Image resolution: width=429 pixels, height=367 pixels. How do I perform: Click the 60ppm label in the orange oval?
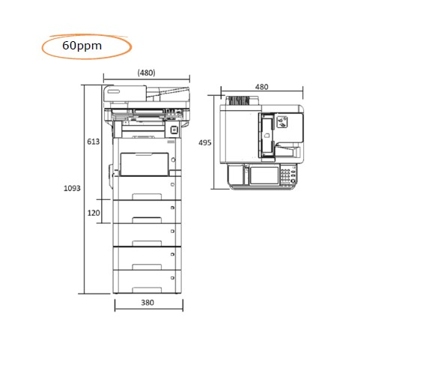(82, 46)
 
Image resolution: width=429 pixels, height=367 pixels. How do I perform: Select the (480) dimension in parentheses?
(147, 73)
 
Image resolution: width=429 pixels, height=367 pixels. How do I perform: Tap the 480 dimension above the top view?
(261, 87)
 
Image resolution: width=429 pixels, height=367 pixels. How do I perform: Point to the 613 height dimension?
(94, 142)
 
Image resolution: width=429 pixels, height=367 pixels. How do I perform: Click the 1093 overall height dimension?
(72, 188)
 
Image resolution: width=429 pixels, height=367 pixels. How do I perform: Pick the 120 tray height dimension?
(94, 213)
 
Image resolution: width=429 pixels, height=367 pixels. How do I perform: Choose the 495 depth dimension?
(205, 142)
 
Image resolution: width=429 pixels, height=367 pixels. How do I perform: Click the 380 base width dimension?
(147, 303)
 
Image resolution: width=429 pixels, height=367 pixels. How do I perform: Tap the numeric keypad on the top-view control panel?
(285, 175)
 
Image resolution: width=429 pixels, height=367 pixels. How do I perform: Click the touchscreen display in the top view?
(264, 175)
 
